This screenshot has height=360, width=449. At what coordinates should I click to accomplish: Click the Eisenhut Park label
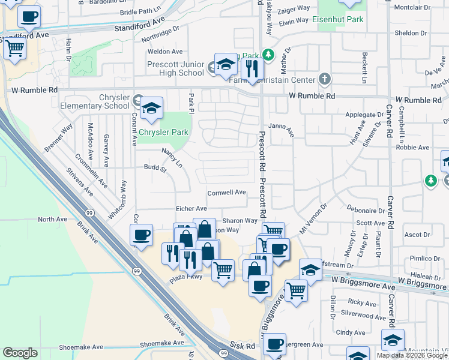click(x=338, y=20)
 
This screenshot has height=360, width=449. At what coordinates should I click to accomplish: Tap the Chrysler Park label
click(x=164, y=132)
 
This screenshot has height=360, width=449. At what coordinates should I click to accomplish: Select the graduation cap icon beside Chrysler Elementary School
click(x=151, y=109)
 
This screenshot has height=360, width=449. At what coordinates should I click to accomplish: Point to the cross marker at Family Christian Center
click(x=325, y=79)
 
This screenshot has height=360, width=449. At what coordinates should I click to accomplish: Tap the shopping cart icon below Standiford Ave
click(x=14, y=48)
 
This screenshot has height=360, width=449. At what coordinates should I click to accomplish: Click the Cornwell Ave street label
click(x=227, y=193)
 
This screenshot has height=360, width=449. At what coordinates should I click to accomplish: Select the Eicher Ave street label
click(x=191, y=208)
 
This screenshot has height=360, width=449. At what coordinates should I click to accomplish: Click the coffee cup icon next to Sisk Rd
click(x=274, y=344)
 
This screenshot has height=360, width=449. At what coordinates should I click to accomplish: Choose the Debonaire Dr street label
click(x=365, y=211)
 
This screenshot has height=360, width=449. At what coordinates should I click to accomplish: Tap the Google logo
click(x=20, y=353)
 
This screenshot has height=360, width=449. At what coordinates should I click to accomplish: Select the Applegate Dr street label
click(x=364, y=114)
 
